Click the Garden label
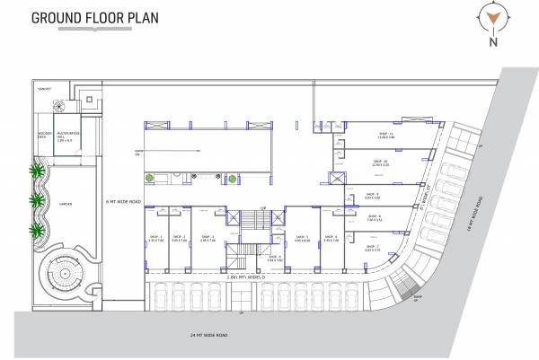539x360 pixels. [66, 204]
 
